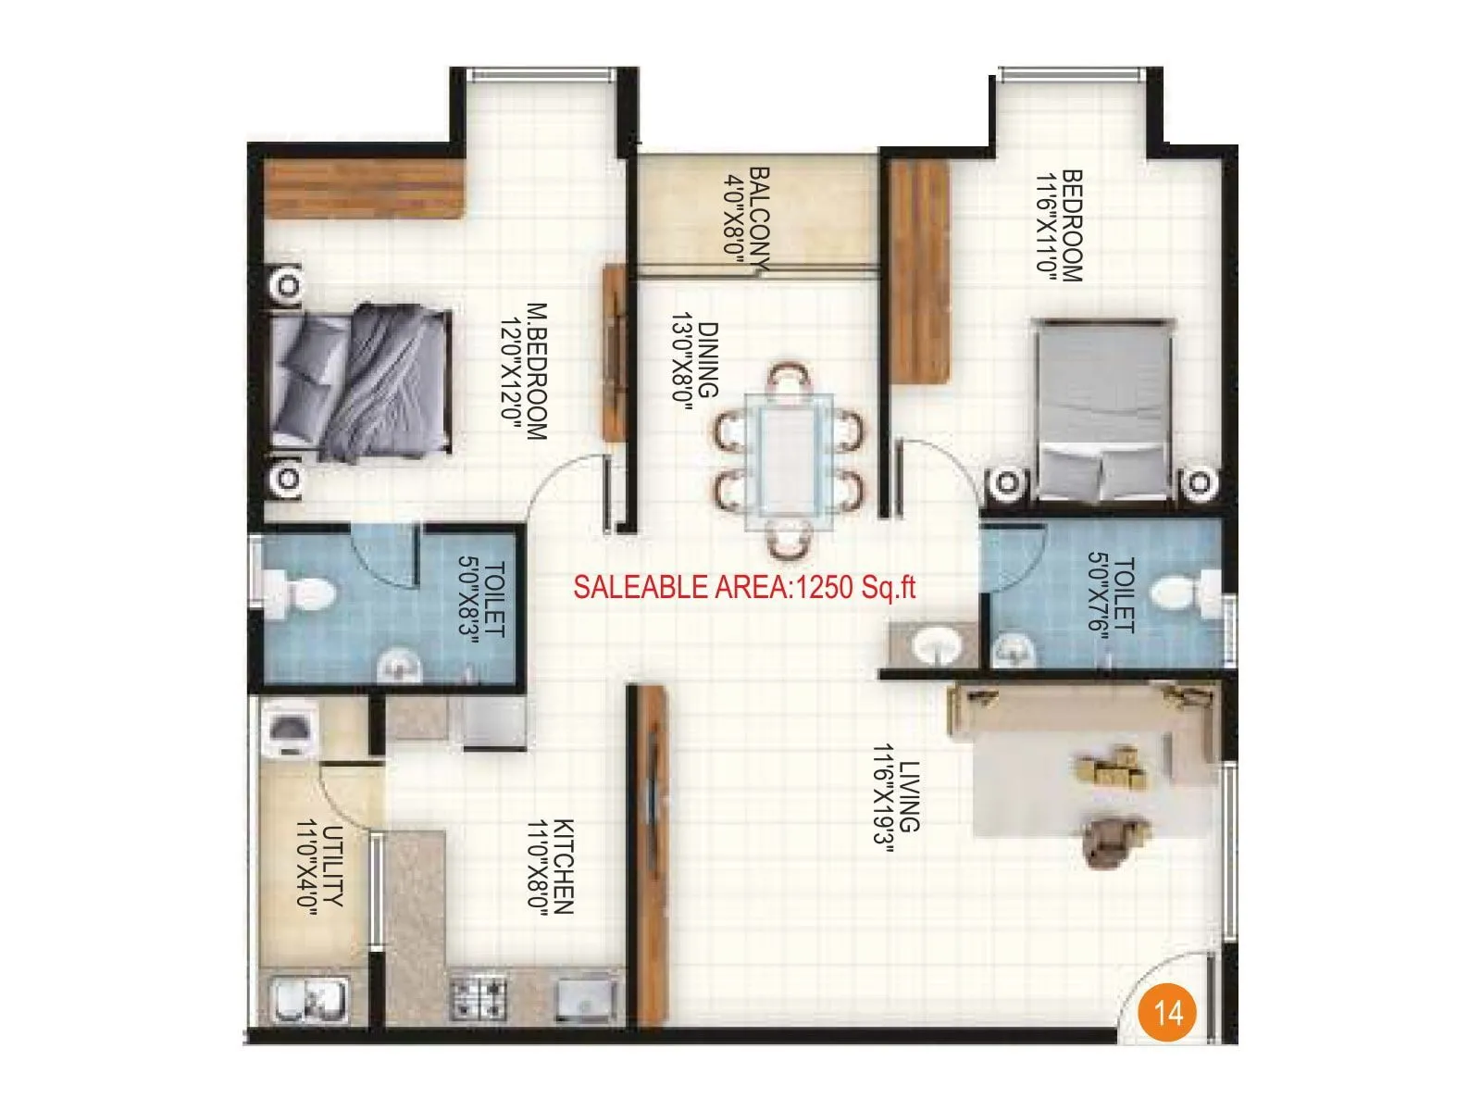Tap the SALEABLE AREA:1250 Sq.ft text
[x=744, y=587]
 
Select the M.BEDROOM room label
[x=538, y=370]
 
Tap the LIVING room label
[x=910, y=796]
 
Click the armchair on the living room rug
[x=1112, y=841]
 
